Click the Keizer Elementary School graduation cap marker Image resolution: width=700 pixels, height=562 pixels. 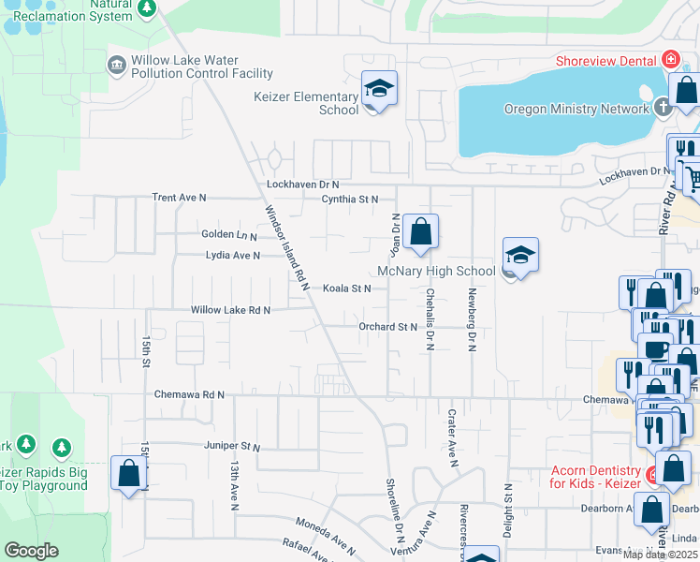(x=379, y=89)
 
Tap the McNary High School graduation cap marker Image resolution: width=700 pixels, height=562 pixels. (x=519, y=255)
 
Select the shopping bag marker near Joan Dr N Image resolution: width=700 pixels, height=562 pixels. (x=421, y=230)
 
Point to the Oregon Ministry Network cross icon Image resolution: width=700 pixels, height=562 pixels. (x=663, y=108)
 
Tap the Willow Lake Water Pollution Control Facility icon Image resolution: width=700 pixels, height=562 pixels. (x=117, y=65)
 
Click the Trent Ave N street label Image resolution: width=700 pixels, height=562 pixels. (x=179, y=198)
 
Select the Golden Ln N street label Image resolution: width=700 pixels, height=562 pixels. (x=228, y=234)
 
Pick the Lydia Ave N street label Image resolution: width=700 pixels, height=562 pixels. (x=232, y=255)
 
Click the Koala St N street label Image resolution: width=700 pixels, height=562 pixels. (x=347, y=288)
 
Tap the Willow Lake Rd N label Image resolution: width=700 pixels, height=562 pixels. (x=230, y=310)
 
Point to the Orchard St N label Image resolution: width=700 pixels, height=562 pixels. (x=386, y=327)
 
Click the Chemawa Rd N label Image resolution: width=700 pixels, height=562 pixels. (x=190, y=395)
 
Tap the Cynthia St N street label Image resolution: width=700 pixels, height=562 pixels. (x=349, y=199)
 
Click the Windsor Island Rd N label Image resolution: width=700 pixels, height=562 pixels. (x=288, y=248)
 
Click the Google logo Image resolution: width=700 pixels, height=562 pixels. (x=31, y=551)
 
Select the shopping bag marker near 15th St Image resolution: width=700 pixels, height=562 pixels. (x=129, y=473)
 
